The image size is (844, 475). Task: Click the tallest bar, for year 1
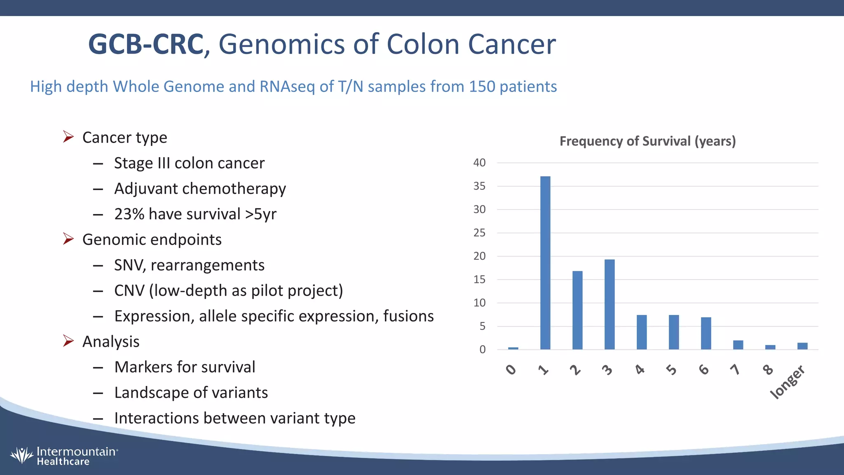coord(545,264)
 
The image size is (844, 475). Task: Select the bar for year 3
coord(610,305)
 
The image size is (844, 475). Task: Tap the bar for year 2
coord(577,310)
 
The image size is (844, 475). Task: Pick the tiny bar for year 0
coord(513,348)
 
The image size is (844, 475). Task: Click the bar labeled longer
coord(802,346)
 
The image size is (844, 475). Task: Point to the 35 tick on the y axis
coord(479,186)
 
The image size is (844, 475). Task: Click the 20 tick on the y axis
coord(479,256)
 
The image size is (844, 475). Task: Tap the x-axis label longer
coord(788,382)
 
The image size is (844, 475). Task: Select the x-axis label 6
coord(704,369)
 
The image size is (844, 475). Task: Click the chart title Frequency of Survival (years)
coord(647,141)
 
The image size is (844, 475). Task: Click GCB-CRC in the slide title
coord(146,45)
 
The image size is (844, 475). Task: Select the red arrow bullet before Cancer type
coord(68,136)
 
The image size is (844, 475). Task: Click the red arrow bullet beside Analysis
coord(68,341)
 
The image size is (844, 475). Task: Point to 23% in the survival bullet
coord(129,214)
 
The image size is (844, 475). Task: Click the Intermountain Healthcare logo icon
coord(21,455)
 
